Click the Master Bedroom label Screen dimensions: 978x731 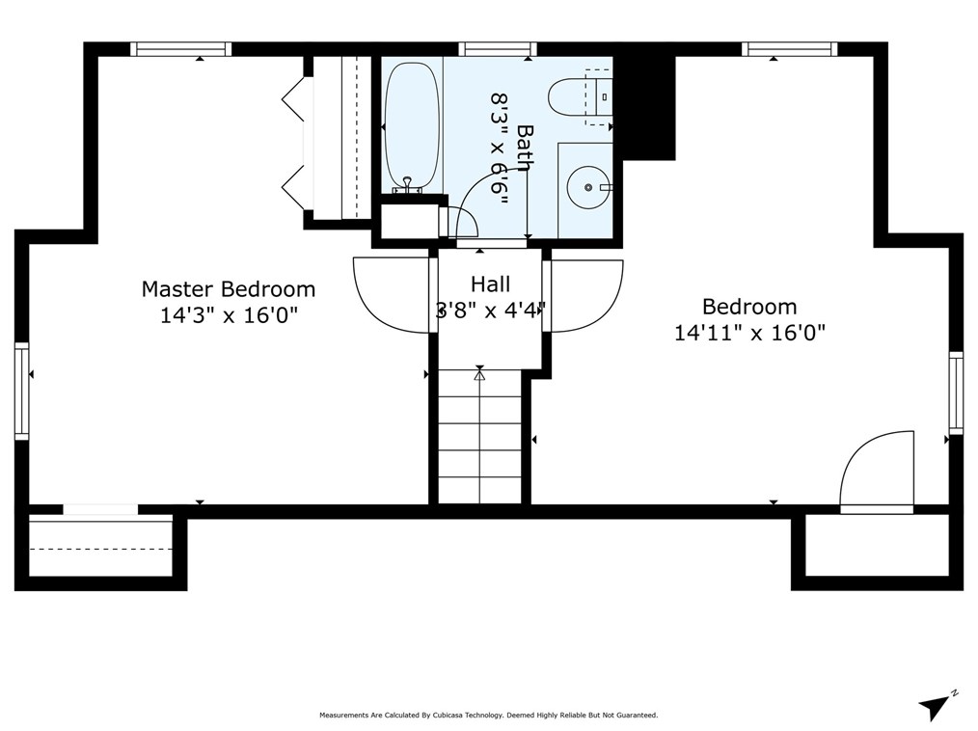pyautogui.click(x=229, y=289)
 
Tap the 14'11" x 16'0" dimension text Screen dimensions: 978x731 pyautogui.click(x=749, y=333)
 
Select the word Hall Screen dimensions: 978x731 pyautogui.click(x=490, y=284)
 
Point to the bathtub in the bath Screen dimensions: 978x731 pyautogui.click(x=412, y=127)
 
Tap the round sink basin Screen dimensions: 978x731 pyautogui.click(x=587, y=187)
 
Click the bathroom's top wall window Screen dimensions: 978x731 pyautogui.click(x=498, y=49)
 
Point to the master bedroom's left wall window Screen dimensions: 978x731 pyautogui.click(x=22, y=392)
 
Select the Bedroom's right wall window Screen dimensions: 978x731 pyautogui.click(x=956, y=393)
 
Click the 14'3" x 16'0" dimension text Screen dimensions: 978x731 pyautogui.click(x=229, y=315)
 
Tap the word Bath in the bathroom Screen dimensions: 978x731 pyautogui.click(x=526, y=149)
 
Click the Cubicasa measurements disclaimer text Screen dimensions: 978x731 pyautogui.click(x=488, y=716)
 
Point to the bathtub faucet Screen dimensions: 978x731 pyautogui.click(x=407, y=185)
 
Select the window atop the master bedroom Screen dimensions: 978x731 pyautogui.click(x=181, y=49)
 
